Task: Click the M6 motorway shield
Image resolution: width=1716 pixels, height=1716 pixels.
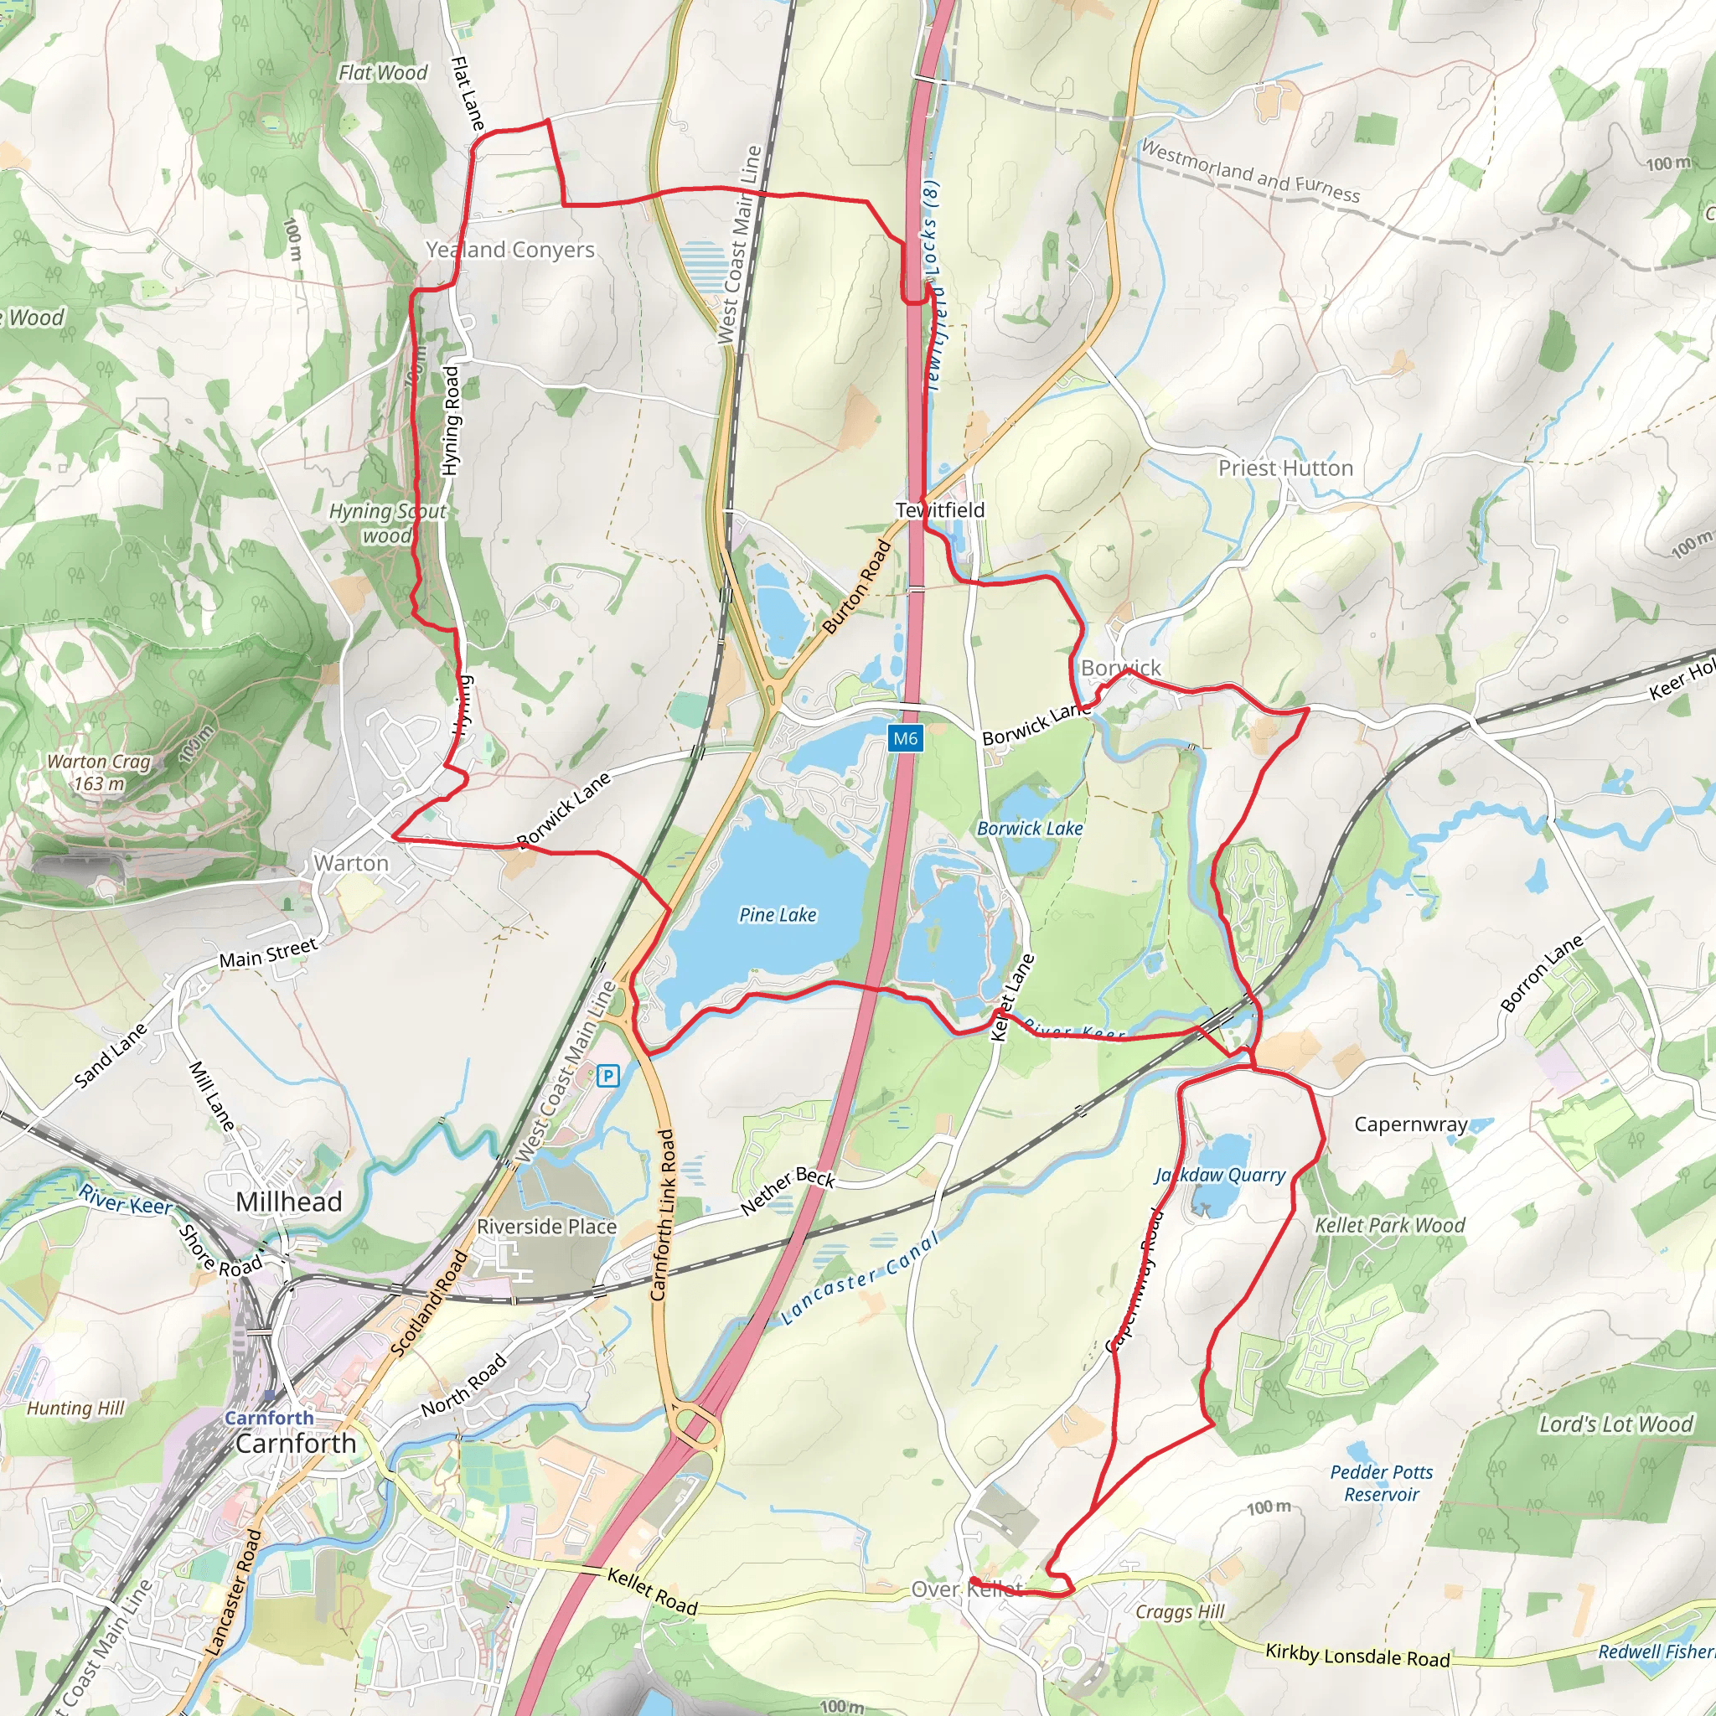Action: pos(905,738)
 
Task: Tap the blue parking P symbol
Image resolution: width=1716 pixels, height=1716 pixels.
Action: pos(607,1077)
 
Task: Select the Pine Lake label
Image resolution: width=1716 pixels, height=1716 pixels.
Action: pos(778,915)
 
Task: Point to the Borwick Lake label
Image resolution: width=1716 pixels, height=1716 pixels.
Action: pos(1030,829)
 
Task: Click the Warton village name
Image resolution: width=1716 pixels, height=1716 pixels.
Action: pos(351,863)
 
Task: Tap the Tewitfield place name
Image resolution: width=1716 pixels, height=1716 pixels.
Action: pos(940,509)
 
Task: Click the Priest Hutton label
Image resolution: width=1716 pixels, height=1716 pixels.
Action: pos(1285,468)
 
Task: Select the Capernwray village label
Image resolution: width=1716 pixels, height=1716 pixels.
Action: pos(1410,1124)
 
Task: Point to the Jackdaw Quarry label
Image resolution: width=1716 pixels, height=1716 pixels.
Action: pos(1219,1175)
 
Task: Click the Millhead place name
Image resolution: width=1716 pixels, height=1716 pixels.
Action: pos(289,1202)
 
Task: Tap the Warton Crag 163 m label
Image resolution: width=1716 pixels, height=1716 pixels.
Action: pos(100,772)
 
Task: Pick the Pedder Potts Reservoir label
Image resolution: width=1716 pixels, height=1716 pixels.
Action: pos(1381,1482)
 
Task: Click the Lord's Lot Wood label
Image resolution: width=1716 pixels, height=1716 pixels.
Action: pos(1615,1424)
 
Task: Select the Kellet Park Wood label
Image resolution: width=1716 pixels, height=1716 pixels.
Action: pos(1389,1226)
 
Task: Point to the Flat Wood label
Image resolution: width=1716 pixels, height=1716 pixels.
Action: pos(383,73)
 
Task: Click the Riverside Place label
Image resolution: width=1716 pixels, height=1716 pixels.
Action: pos(546,1227)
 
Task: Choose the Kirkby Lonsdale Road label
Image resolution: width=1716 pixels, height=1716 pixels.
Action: pos(1357,1656)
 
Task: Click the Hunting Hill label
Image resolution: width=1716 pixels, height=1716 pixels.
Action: pos(75,1408)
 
